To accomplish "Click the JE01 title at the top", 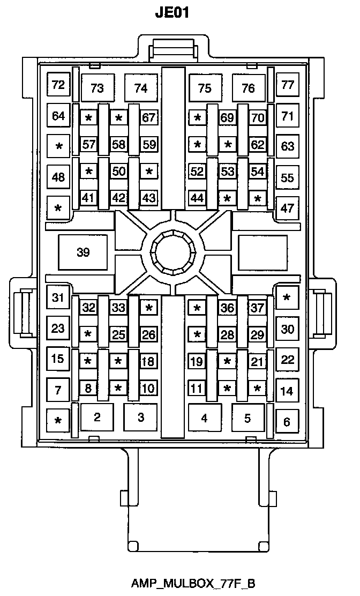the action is click(172, 12).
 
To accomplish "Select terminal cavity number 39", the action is click(83, 252).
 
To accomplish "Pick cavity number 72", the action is click(58, 85).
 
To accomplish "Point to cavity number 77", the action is click(288, 85).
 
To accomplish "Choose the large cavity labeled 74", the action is click(141, 88).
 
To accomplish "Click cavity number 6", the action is click(287, 422).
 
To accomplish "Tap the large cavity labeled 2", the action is click(97, 417).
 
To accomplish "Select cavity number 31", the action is click(58, 298).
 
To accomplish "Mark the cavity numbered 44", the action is click(197, 198).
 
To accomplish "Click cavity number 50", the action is click(119, 172).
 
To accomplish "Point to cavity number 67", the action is click(149, 118).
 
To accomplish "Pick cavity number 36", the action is click(228, 308).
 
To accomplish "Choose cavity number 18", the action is click(148, 361).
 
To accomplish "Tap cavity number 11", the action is click(197, 388).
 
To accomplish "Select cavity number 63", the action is click(288, 146).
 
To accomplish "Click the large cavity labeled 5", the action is click(247, 417).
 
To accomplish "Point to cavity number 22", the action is click(288, 360).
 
